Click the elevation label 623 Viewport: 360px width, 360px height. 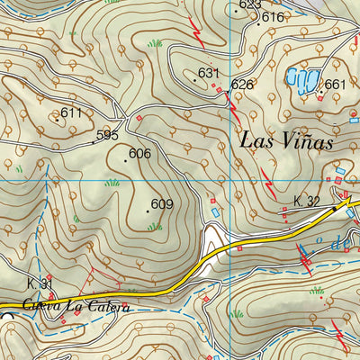coord(250,5)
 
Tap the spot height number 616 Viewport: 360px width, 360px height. coord(273,18)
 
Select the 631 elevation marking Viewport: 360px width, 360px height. coord(209,73)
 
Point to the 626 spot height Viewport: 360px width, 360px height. coord(242,85)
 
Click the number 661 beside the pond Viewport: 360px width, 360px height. coord(335,85)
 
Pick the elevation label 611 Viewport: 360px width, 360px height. coord(71,112)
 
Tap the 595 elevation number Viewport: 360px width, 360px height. coord(107,135)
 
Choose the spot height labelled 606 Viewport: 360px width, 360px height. coord(139,154)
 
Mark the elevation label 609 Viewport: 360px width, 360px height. coord(161,204)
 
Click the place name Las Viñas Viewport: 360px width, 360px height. coord(287,141)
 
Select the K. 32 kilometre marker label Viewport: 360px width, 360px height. coord(307,202)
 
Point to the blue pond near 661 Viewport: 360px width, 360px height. coord(299,79)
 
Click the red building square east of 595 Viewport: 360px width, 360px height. coord(139,117)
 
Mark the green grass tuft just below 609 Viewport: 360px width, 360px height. coord(155,226)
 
